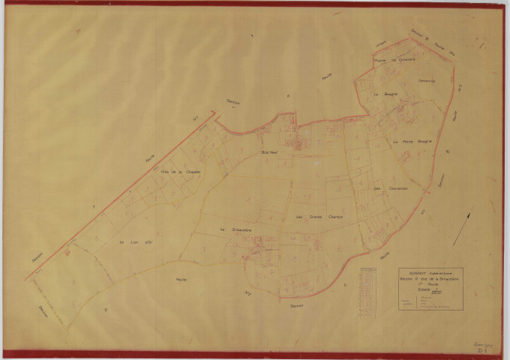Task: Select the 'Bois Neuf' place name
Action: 268,153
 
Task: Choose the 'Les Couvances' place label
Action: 390,188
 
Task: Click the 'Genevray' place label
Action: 427,81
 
